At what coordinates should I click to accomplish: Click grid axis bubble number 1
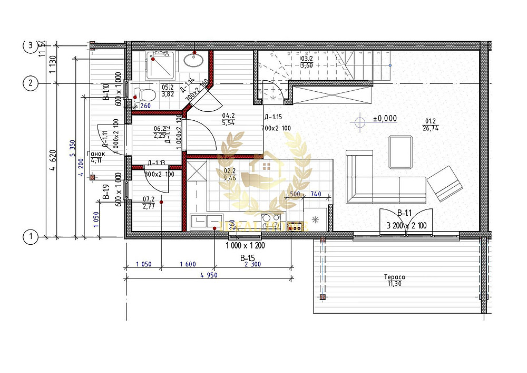(31, 237)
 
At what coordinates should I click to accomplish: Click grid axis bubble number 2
(31, 83)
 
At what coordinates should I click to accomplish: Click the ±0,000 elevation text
(385, 119)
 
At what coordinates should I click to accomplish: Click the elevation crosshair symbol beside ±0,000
(360, 122)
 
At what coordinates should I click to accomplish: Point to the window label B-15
(247, 258)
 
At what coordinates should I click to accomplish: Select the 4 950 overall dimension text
(209, 275)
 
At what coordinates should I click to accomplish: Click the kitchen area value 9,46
(230, 178)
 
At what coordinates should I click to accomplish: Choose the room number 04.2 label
(229, 115)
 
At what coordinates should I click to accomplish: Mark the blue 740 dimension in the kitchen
(316, 195)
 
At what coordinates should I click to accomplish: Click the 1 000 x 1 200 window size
(245, 246)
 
